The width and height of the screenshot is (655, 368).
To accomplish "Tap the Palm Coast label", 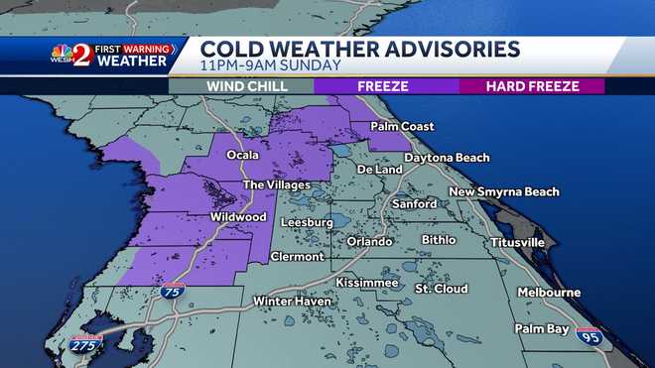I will [x=404, y=127].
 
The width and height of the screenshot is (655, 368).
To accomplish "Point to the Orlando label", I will [x=370, y=241].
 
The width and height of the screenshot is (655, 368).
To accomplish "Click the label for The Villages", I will [x=277, y=184].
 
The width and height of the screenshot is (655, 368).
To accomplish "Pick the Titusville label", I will [x=517, y=242].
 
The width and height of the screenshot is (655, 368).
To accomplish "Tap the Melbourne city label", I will [x=548, y=293].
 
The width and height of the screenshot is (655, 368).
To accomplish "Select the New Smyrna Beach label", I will [x=504, y=191].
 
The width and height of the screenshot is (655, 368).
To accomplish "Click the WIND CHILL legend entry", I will [x=247, y=86].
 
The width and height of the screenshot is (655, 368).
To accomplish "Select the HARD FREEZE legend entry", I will [x=533, y=86].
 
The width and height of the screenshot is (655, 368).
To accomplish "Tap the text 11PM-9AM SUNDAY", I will [x=271, y=65].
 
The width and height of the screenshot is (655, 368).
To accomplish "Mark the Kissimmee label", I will [x=366, y=283].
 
